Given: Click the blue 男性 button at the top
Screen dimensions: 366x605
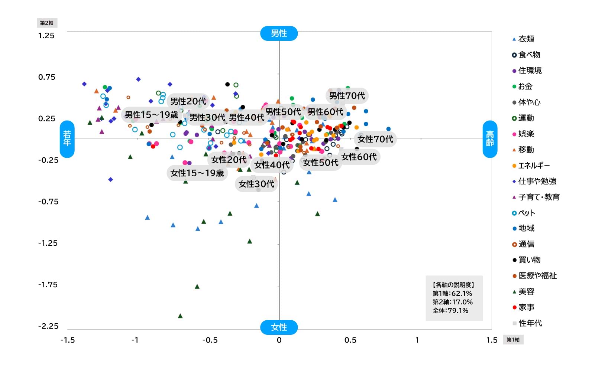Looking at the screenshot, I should point(279,33).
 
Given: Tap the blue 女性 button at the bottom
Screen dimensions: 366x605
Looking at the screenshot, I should point(279,327).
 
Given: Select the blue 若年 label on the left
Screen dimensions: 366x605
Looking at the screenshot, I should point(67,139).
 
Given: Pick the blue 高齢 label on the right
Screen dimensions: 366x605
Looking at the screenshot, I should point(490,139).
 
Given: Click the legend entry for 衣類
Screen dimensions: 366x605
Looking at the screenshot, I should point(525,39).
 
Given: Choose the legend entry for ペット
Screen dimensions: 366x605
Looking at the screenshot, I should point(526,213).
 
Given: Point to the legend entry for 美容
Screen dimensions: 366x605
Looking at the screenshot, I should point(526,291).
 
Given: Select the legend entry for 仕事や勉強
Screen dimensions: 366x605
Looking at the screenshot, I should point(537,181).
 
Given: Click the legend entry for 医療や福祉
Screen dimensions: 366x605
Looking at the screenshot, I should point(537,275).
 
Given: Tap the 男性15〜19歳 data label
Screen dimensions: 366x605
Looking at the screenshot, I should point(151,115).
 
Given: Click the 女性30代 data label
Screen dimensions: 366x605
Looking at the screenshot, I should point(256,184).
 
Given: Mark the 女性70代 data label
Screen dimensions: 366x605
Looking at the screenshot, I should point(375,139).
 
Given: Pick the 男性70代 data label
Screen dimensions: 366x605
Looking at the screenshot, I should point(347,96).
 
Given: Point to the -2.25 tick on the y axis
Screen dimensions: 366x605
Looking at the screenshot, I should point(48,326).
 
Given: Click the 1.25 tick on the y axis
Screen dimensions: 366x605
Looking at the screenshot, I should point(46,36).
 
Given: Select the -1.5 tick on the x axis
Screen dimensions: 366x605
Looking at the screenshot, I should point(67,340).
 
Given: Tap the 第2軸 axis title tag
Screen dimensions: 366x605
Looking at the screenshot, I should point(47,23).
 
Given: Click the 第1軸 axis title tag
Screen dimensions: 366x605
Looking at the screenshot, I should point(513,340).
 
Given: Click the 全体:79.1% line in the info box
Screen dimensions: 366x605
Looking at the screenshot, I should point(450,310).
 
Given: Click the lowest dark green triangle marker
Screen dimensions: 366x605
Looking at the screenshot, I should point(180,316).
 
